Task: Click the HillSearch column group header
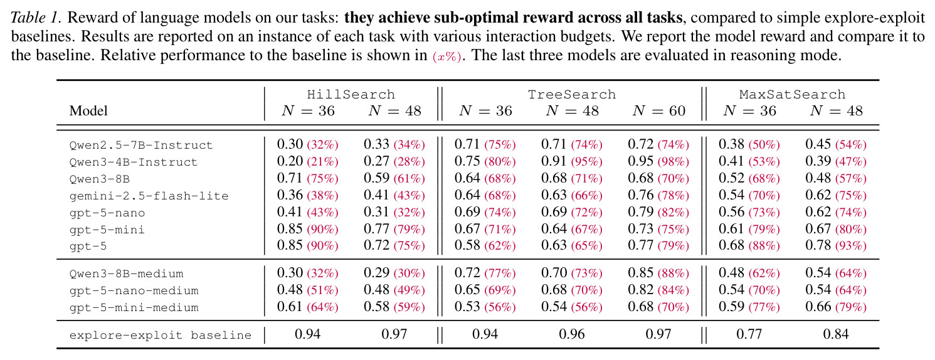(351, 94)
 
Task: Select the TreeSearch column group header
(572, 94)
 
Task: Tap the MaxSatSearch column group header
(793, 94)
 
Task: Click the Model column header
(88, 110)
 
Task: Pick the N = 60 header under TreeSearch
(658, 110)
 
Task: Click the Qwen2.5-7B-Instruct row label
(141, 146)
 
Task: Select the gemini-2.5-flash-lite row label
(149, 196)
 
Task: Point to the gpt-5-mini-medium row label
(134, 308)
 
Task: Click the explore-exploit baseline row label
(161, 335)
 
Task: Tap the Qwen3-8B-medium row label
(127, 274)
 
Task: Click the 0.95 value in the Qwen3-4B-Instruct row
(641, 161)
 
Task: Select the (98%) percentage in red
(674, 162)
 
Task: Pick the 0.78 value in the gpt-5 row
(818, 245)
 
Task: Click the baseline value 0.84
(836, 334)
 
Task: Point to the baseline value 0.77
(749, 334)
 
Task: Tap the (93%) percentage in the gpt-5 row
(851, 246)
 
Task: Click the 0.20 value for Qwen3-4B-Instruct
(290, 161)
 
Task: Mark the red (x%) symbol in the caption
(446, 56)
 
